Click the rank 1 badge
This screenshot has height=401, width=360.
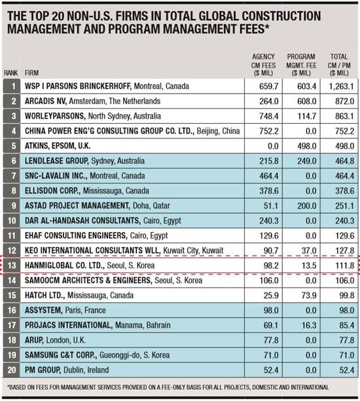[12, 85]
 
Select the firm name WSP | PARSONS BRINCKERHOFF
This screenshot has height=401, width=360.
[98, 85]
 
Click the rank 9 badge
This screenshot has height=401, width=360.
[12, 206]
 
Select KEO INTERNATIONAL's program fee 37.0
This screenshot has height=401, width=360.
[302, 251]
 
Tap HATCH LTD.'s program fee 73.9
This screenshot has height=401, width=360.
[302, 296]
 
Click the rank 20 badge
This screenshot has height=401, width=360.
[12, 372]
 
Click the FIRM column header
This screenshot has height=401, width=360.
[31, 72]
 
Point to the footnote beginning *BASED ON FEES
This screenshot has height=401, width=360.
[167, 387]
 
